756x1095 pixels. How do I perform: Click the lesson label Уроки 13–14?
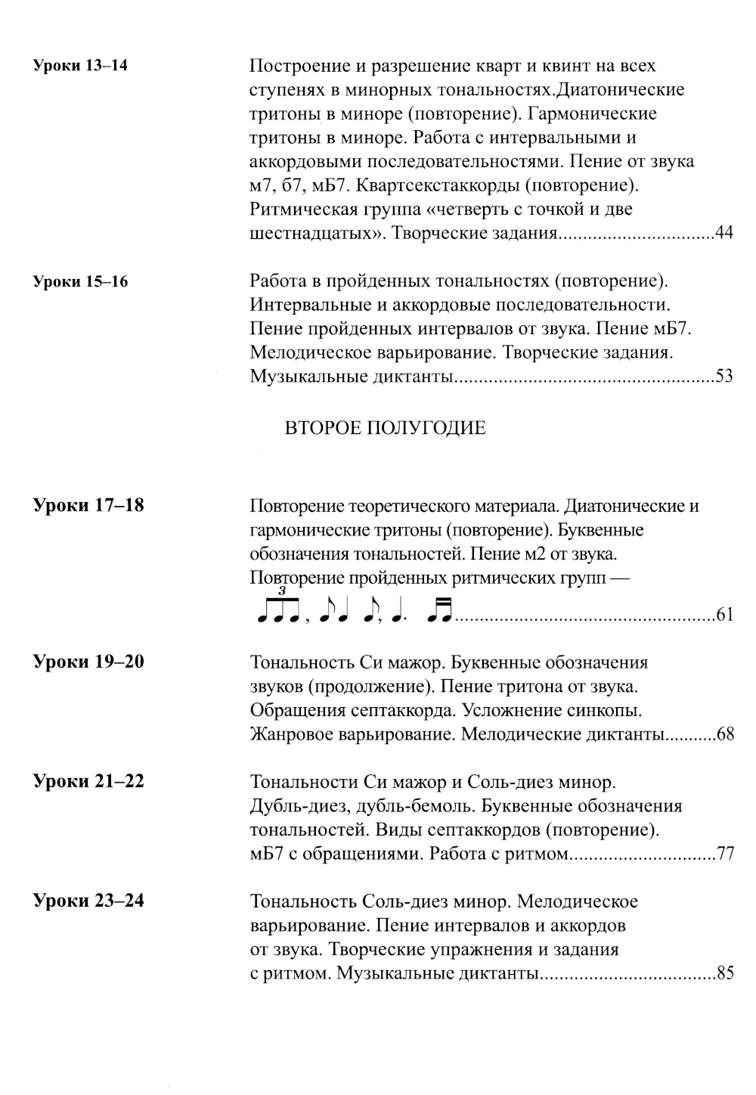coord(80,66)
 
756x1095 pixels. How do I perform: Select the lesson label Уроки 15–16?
coord(80,282)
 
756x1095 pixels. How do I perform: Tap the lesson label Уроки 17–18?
coord(88,505)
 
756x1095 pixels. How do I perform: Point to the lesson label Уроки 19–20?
coord(88,662)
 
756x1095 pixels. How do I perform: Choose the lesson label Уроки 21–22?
coord(88,781)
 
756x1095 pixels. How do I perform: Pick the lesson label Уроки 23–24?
coord(88,901)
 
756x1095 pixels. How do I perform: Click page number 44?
coord(723,233)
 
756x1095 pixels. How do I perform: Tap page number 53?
coord(723,377)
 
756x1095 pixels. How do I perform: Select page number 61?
coord(724,615)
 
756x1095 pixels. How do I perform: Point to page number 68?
coord(724,734)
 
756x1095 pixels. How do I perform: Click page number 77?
coord(724,855)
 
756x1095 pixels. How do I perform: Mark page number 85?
coord(724,974)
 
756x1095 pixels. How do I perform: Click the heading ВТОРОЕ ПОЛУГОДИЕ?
coord(385,428)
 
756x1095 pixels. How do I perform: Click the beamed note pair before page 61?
coord(439,610)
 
